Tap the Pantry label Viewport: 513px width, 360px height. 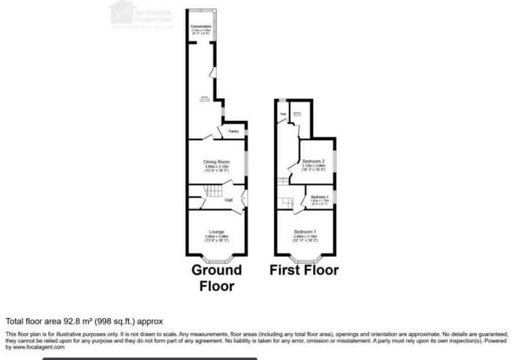click(x=233, y=131)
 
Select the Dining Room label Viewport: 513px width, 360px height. click(x=216, y=162)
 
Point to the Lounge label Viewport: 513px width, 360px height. click(x=216, y=232)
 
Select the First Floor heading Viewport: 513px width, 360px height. click(x=304, y=270)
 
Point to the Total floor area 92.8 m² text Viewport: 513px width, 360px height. click(x=84, y=321)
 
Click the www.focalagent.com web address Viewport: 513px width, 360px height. click(x=35, y=347)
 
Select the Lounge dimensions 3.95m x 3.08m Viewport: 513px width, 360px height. click(x=216, y=236)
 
